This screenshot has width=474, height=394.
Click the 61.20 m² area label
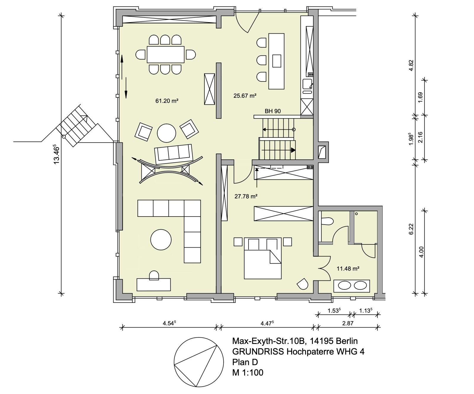click(x=166, y=101)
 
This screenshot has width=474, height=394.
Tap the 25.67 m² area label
click(x=245, y=96)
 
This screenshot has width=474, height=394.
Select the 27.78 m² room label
click(x=246, y=196)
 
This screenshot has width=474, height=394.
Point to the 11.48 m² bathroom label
click(x=348, y=269)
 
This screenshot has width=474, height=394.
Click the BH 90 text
click(x=273, y=111)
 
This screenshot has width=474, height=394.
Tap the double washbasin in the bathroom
click(x=352, y=285)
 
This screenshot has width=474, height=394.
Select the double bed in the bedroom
click(x=262, y=258)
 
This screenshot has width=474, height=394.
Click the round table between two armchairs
click(x=166, y=133)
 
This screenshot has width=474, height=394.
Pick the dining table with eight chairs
click(x=166, y=55)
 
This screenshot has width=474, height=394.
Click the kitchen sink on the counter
click(x=307, y=85)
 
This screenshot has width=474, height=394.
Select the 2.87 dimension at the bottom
click(x=348, y=323)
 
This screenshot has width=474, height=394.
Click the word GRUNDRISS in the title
click(x=257, y=352)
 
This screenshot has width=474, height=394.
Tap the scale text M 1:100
click(x=248, y=372)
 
